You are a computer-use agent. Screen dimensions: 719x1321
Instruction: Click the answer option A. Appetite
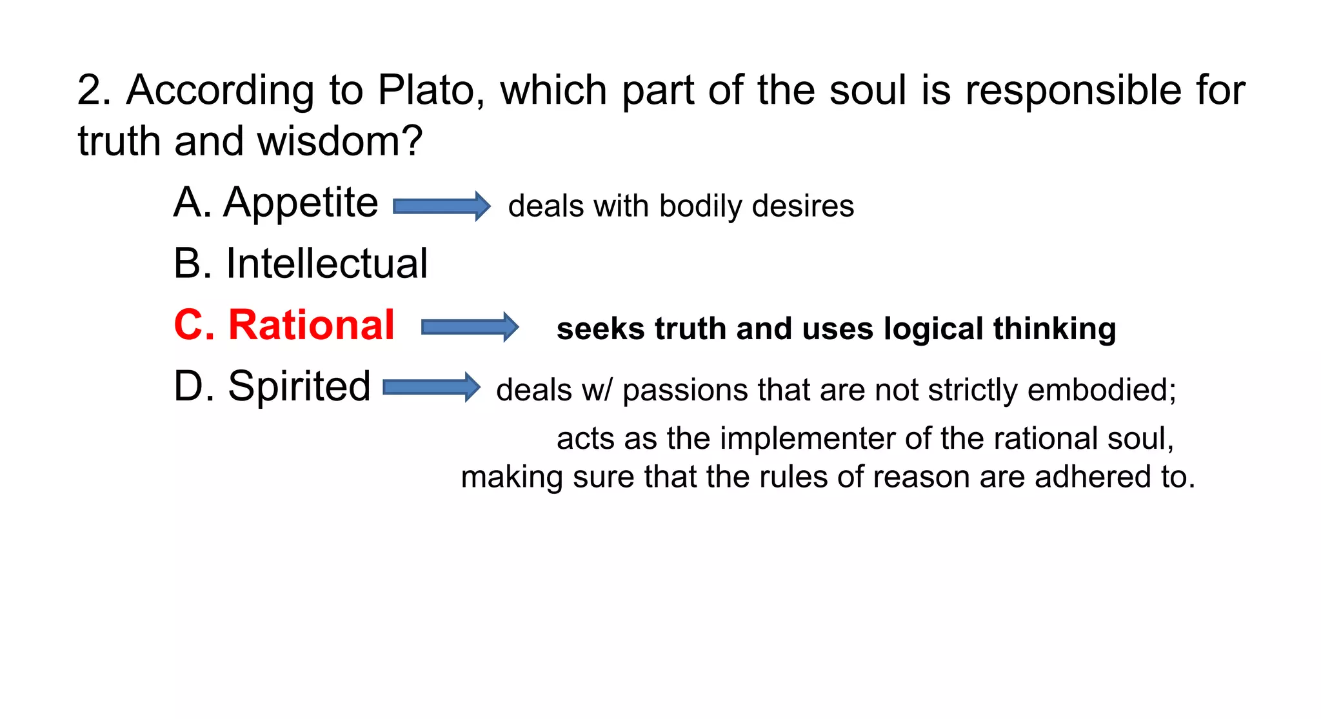point(276,202)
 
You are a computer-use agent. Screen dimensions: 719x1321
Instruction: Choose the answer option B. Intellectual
point(301,263)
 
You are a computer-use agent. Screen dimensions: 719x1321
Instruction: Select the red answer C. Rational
point(284,324)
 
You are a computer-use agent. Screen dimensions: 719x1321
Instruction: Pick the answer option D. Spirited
point(272,386)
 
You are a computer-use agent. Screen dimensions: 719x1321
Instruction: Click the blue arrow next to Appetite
point(442,206)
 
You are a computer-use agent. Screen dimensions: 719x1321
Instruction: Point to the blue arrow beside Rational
point(470,328)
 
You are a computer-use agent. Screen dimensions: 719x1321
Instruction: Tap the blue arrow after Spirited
point(432,388)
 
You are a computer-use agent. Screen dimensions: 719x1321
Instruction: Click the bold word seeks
point(601,329)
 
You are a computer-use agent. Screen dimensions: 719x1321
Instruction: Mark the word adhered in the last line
point(1092,477)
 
